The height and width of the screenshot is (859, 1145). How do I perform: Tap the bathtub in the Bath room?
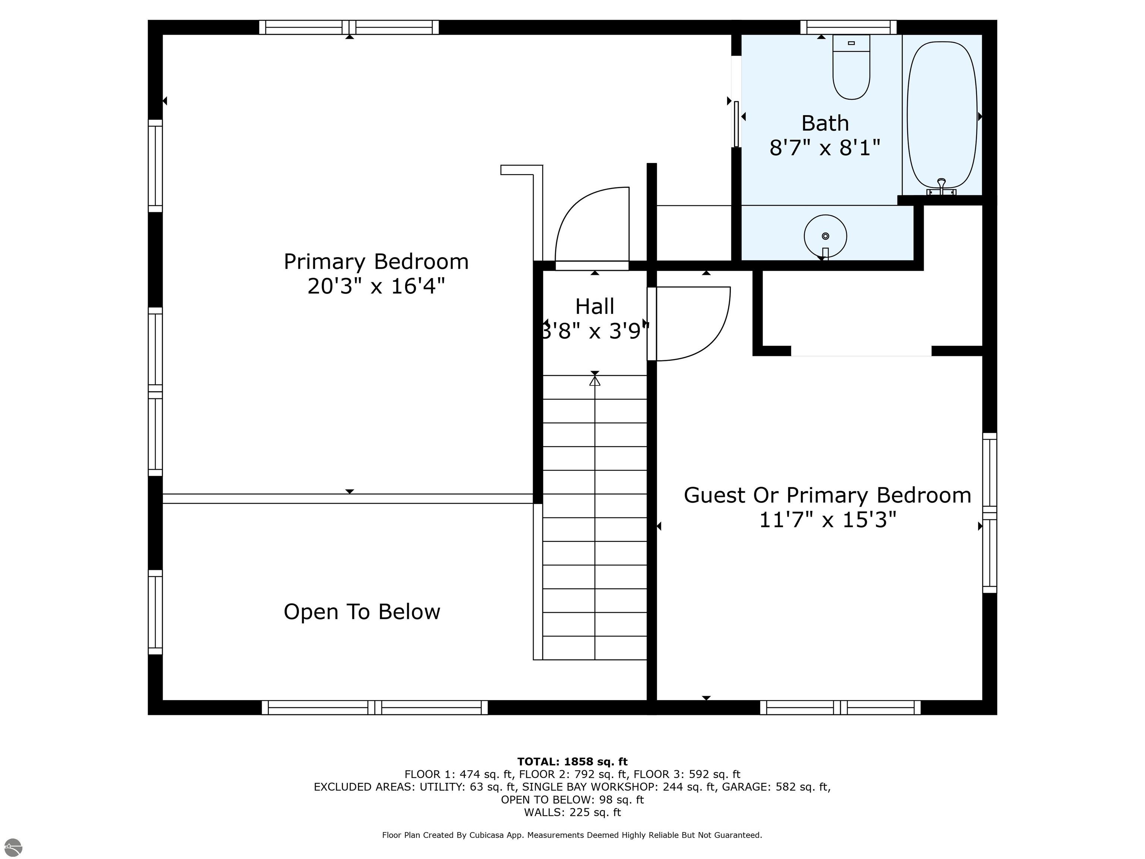[x=942, y=115]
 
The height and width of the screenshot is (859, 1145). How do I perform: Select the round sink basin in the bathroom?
[x=825, y=236]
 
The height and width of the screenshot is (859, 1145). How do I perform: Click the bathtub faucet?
[x=941, y=187]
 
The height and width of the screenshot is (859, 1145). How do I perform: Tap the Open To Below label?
[x=362, y=611]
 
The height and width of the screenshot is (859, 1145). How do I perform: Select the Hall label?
[x=595, y=306]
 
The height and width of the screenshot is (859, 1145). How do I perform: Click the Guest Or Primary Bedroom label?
[x=827, y=495]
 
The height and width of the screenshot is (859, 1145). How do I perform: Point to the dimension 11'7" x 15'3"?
[x=827, y=519]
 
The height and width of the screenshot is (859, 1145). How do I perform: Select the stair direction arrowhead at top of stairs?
[x=595, y=381]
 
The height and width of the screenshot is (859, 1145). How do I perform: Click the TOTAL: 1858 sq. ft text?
[x=572, y=762]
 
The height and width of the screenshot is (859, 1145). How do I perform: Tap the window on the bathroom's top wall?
[x=848, y=27]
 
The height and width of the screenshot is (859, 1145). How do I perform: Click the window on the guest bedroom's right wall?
[x=989, y=513]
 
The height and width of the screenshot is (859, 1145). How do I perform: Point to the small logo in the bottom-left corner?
[x=13, y=847]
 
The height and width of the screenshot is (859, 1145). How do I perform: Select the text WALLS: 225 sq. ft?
[x=572, y=812]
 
